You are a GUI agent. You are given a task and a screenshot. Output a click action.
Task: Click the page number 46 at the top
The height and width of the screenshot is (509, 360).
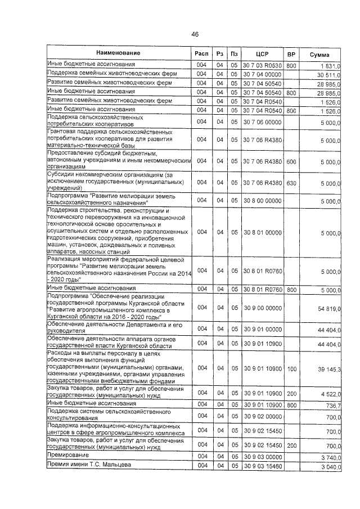pos(195,34)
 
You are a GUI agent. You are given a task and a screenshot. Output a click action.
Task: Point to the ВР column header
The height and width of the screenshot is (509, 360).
pos(291,54)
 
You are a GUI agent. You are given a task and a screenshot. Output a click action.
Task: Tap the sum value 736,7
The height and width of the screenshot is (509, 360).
pos(332,405)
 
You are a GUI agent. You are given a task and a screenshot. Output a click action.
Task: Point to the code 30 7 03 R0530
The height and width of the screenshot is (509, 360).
pos(262,66)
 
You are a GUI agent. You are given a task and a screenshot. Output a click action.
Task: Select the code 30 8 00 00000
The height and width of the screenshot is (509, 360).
pos(262,201)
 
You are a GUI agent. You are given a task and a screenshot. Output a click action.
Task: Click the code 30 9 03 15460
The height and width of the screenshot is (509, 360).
pos(262,467)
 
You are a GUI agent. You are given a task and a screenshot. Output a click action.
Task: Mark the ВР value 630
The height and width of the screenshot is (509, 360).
pos(291,183)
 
